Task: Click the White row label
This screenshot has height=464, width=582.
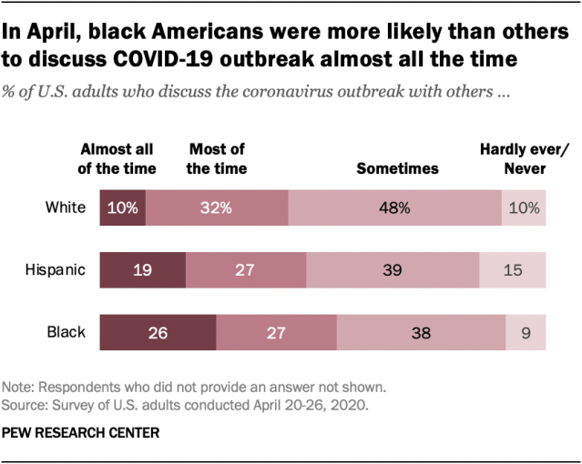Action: click(x=66, y=207)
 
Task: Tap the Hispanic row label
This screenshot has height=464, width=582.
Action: click(x=56, y=269)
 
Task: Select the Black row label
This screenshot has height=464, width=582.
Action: click(x=66, y=332)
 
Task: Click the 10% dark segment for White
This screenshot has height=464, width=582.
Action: click(x=122, y=207)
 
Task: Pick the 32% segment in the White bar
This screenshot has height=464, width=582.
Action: click(x=217, y=207)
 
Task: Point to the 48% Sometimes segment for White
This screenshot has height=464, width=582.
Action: click(x=394, y=207)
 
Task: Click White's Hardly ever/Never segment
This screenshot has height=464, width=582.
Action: click(x=524, y=207)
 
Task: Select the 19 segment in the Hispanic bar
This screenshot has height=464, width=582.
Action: click(x=142, y=270)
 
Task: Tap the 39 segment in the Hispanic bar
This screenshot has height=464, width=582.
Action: click(x=393, y=270)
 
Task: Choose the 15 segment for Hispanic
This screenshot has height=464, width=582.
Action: click(x=513, y=270)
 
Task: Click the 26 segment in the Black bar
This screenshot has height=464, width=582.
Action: click(x=158, y=332)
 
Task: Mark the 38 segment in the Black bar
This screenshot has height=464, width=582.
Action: click(x=421, y=332)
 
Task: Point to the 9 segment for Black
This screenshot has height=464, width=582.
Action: click(x=526, y=332)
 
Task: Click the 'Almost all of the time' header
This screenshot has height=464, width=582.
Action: click(x=118, y=158)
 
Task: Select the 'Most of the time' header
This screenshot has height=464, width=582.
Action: click(x=217, y=158)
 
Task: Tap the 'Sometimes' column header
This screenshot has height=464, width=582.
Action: click(x=397, y=168)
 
